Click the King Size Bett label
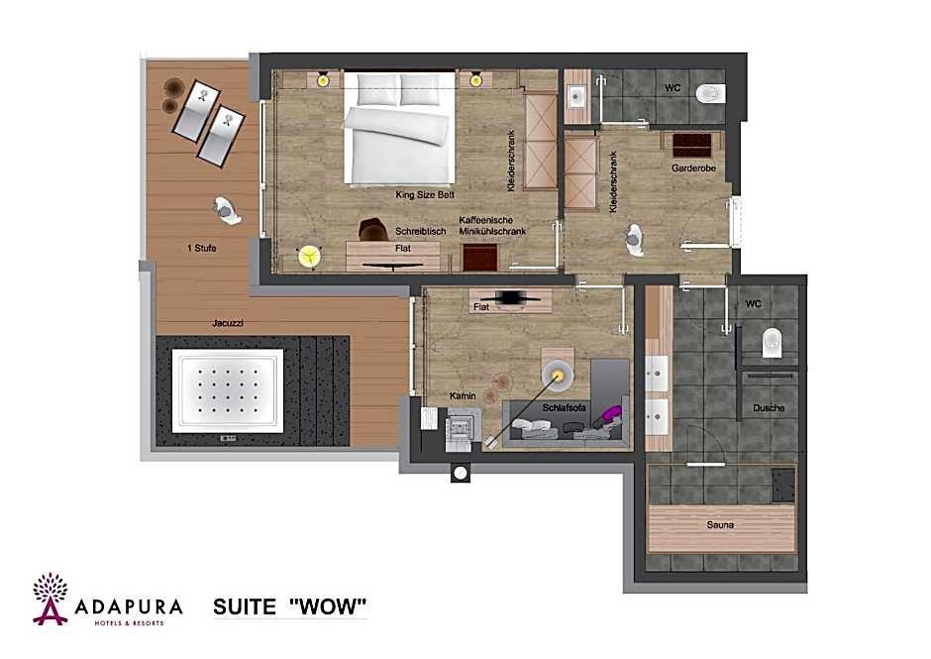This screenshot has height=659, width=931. (x=425, y=195)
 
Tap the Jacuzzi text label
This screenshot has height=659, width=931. (x=228, y=323)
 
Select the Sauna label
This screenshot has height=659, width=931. (x=720, y=524)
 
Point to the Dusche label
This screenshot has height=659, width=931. (x=769, y=408)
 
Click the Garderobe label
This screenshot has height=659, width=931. (x=693, y=168)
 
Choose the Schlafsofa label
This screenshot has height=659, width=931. (x=565, y=408)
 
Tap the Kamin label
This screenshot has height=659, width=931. (x=463, y=395)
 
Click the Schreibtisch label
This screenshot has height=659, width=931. (x=420, y=231)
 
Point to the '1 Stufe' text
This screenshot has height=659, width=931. (x=202, y=248)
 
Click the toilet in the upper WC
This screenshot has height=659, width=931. (x=711, y=93)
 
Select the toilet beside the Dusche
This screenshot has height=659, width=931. (x=772, y=342)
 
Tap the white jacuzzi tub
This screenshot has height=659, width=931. (x=228, y=390)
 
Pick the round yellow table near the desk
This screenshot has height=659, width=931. (x=309, y=257)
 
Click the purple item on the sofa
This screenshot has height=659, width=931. (x=610, y=412)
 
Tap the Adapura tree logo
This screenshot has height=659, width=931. (x=50, y=599)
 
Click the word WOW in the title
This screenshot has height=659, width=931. (x=328, y=606)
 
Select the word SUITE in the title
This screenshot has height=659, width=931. (x=245, y=606)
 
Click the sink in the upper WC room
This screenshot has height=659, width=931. (x=576, y=96)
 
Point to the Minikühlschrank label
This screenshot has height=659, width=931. (x=492, y=231)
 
